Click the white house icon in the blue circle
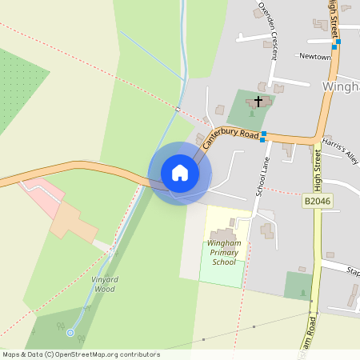pos(180,173)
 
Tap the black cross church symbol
pos(258,102)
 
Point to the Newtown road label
pos(314,57)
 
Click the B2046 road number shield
pos(318,202)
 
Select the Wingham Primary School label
pos(224,252)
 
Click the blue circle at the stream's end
pos(70,332)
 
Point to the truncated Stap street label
pos(352,272)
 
